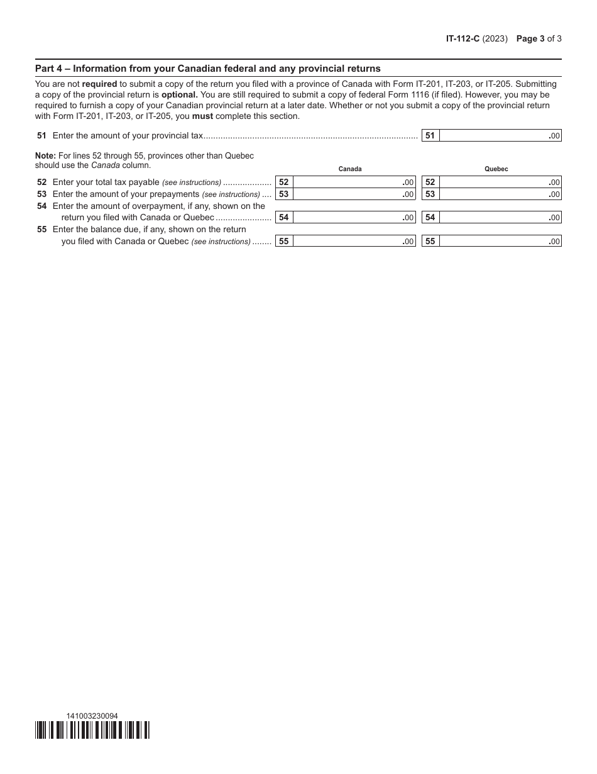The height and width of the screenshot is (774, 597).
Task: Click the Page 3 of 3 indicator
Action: [539, 38]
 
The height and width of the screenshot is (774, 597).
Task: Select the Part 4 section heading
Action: [207, 69]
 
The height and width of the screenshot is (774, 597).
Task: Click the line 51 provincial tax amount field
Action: [500, 135]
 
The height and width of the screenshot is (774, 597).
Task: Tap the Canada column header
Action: [350, 169]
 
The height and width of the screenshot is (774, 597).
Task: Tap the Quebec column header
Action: [496, 169]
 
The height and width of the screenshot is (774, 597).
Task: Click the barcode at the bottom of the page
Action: [92, 729]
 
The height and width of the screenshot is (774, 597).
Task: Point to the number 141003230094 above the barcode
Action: [92, 715]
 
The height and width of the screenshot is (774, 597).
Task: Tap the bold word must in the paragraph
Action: [202, 116]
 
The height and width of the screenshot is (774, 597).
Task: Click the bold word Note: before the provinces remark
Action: [45, 155]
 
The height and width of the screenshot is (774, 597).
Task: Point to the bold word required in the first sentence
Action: [99, 84]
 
